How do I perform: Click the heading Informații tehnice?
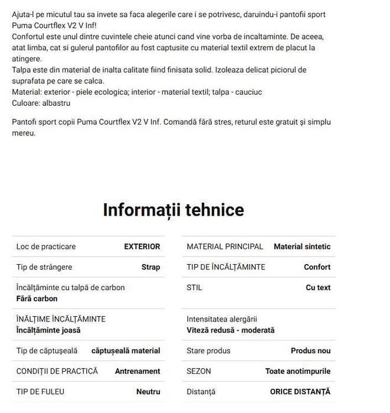tap(173, 210)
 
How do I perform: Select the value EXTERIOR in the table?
tap(142, 246)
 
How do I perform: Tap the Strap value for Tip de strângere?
tap(150, 267)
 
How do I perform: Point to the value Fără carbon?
tap(37, 298)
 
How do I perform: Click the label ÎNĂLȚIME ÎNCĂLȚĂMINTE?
tap(61, 319)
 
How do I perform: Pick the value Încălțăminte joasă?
tap(48, 330)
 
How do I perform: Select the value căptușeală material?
tap(126, 350)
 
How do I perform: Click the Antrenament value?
tap(137, 371)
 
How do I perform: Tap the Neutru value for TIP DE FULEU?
tap(148, 391)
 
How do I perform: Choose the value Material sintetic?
tap(302, 246)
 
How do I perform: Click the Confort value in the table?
tap(317, 267)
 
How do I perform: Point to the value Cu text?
tap(318, 288)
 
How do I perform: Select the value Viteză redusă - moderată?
tap(231, 330)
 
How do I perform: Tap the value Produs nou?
tap(310, 350)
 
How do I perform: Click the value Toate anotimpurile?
tap(298, 371)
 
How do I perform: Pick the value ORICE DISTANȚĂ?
tap(300, 391)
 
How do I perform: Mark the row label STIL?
tap(194, 288)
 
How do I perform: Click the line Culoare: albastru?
tap(41, 103)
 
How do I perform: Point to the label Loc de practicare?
tap(46, 246)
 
